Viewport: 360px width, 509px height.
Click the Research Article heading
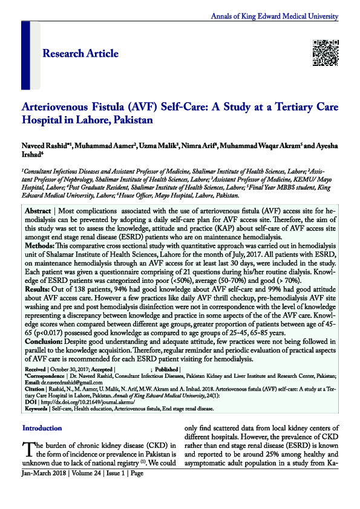tap(80, 54)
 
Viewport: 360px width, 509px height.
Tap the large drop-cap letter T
tap(28, 449)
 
